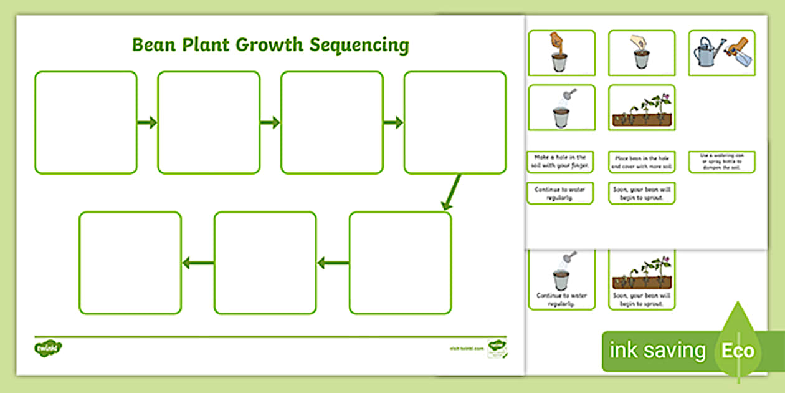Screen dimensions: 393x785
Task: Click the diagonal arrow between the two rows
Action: [451, 192]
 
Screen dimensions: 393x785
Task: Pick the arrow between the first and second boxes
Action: [147, 123]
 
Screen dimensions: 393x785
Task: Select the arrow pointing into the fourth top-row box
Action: [393, 123]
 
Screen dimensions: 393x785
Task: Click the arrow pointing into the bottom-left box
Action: [197, 264]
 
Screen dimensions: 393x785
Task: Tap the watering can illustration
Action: [708, 54]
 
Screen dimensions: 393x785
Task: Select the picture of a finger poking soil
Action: [561, 52]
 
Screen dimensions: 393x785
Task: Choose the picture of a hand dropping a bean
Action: [641, 52]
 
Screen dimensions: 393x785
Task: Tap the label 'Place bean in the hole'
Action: [642, 162]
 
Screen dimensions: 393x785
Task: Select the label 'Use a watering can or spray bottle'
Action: [721, 162]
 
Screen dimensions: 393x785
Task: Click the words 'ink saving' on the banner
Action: [657, 351]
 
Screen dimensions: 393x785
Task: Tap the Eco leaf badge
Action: [738, 350]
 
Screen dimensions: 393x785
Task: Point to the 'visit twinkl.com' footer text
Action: [466, 349]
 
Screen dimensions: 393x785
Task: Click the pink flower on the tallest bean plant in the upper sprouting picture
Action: [666, 97]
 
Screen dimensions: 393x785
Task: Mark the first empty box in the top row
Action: [85, 122]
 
